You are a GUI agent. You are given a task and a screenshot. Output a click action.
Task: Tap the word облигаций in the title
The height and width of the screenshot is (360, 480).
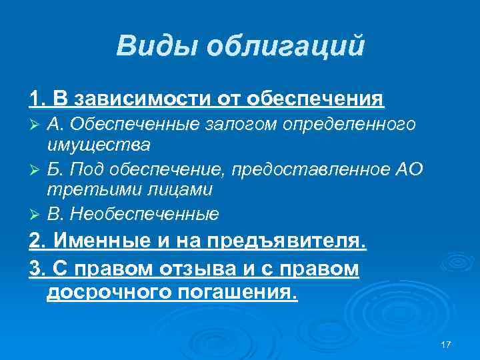[x=286, y=46]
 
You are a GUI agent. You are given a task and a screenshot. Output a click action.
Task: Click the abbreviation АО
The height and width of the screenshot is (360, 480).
[x=409, y=169]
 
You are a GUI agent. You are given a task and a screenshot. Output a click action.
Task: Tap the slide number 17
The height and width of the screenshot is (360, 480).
[x=446, y=344]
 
